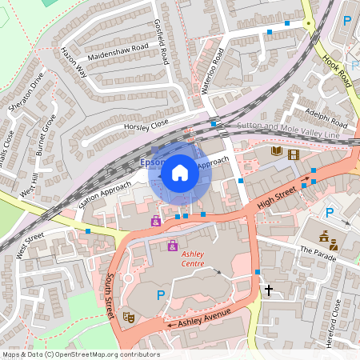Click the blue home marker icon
click(180, 172)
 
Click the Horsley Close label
click(146, 126)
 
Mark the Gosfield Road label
click(161, 41)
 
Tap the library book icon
click(277, 152)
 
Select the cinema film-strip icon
click(294, 154)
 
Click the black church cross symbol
click(269, 289)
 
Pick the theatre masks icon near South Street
click(128, 317)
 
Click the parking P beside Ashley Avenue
click(161, 295)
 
